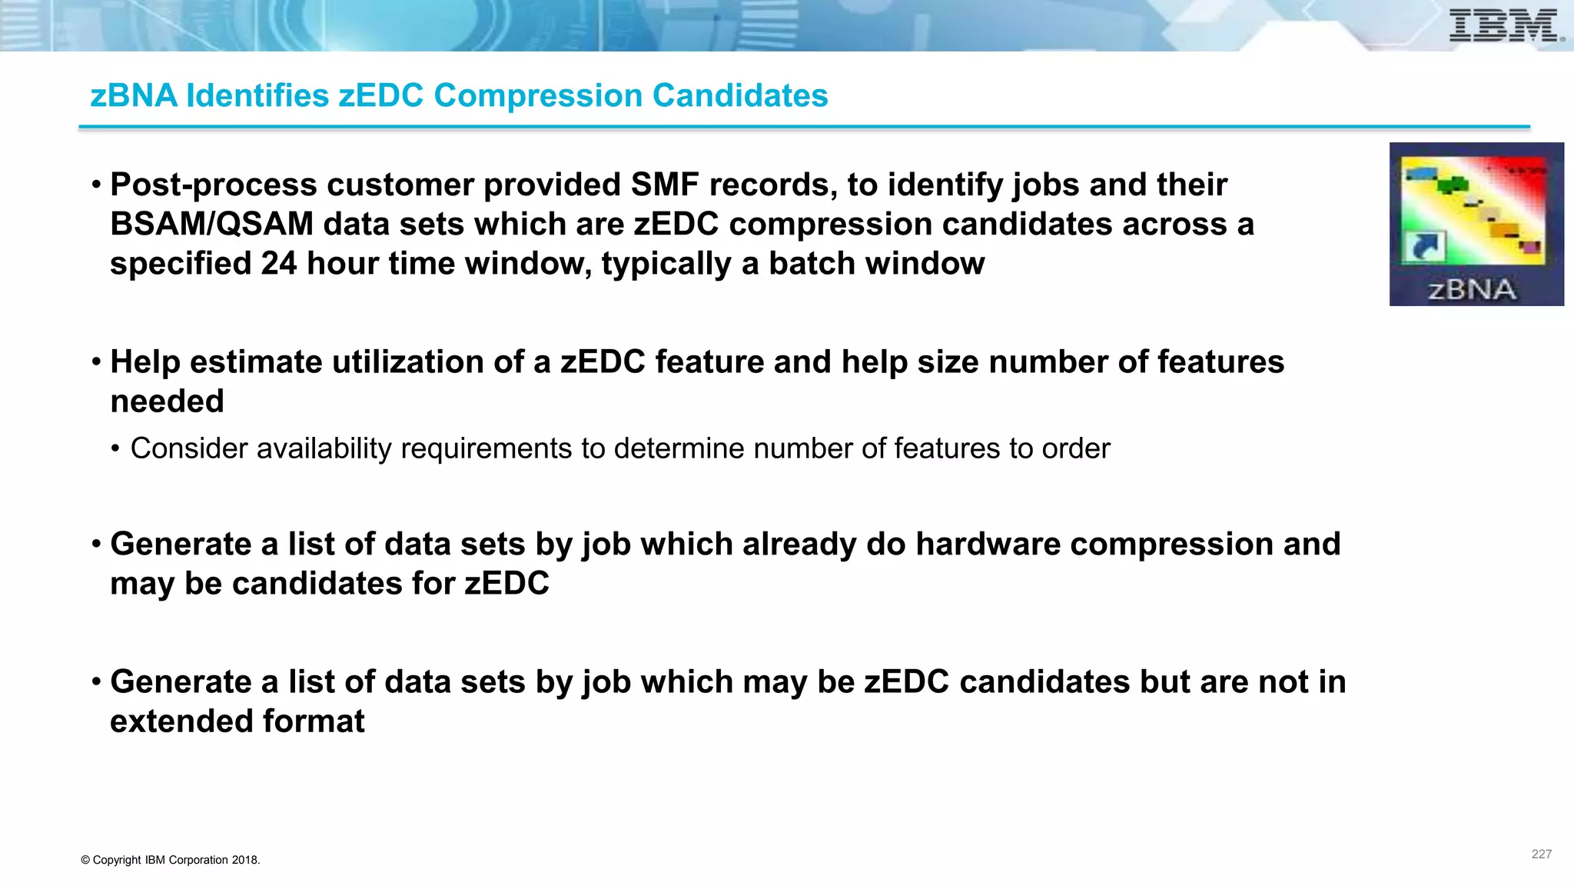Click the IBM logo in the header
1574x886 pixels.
[1505, 26]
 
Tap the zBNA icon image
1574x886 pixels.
[1476, 224]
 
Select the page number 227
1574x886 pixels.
[1541, 854]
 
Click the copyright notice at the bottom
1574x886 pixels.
[171, 860]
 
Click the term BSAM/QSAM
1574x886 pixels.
[211, 225]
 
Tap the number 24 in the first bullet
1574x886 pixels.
[278, 264]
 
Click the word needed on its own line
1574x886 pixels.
[167, 401]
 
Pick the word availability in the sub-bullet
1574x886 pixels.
[324, 449]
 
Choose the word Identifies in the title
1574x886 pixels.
[257, 96]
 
